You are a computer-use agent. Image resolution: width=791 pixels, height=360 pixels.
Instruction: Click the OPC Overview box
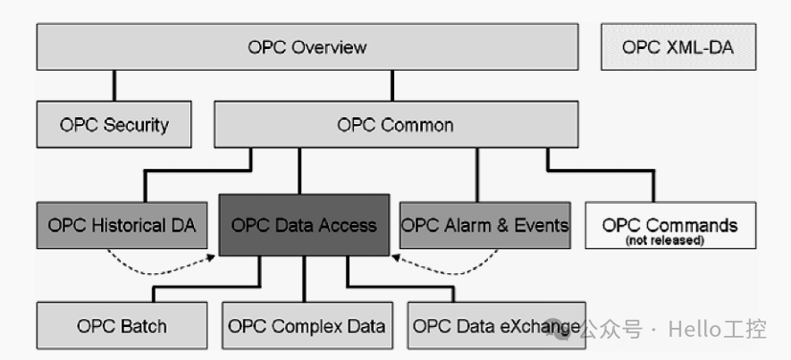[307, 46]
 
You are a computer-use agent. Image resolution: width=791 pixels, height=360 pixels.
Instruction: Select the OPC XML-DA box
[677, 46]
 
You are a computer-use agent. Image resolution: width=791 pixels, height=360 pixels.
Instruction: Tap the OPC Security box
[114, 124]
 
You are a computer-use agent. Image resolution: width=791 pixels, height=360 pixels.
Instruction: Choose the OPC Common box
[395, 124]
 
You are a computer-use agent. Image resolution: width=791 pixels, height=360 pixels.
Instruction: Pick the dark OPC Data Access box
[304, 224]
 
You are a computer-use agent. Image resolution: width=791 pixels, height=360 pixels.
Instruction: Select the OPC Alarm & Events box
[484, 224]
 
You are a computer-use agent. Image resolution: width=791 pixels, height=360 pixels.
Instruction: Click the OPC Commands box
[669, 224]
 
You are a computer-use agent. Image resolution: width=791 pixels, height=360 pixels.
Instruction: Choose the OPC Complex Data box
[307, 326]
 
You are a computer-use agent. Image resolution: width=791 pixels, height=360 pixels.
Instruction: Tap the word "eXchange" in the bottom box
[545, 327]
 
